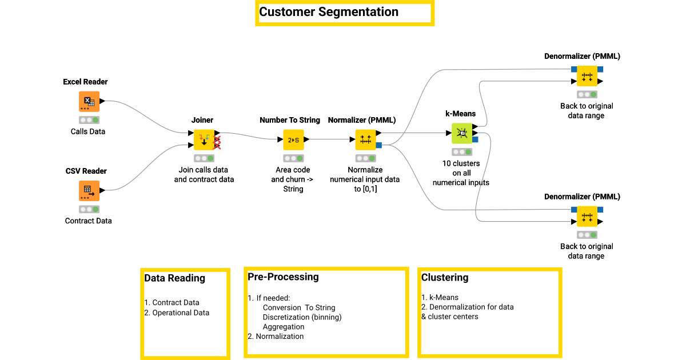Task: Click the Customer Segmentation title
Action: click(x=329, y=12)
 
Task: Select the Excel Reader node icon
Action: click(x=89, y=102)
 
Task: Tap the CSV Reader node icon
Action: click(x=89, y=191)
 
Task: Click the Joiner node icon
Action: click(x=204, y=139)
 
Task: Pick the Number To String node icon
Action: click(x=293, y=139)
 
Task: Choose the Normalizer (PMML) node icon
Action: click(x=366, y=139)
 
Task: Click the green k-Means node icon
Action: click(x=462, y=133)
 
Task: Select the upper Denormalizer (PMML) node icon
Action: click(x=587, y=75)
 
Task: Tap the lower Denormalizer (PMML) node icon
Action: click(x=587, y=216)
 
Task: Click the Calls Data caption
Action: click(x=88, y=131)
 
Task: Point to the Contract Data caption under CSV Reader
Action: click(x=89, y=221)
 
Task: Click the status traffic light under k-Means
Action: click(x=461, y=152)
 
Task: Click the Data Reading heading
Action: click(x=174, y=278)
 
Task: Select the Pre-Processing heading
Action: click(x=283, y=277)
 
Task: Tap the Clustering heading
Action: click(x=445, y=278)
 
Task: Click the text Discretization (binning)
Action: click(x=302, y=317)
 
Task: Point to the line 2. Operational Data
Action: click(x=177, y=313)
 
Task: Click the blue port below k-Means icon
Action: click(x=475, y=139)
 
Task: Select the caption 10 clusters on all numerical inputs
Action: click(x=461, y=173)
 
